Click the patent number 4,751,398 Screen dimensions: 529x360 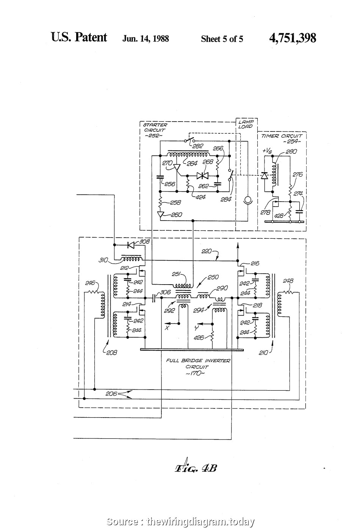292,38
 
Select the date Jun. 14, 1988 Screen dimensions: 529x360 146,39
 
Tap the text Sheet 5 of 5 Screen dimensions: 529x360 222,39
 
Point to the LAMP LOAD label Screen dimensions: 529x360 247,124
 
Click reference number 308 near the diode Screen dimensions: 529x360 145,241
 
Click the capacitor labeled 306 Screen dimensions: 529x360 154,298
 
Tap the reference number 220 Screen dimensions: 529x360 207,251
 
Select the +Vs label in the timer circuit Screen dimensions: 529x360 267,151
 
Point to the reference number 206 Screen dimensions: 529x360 111,394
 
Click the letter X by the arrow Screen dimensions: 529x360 167,328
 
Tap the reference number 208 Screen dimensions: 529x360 111,352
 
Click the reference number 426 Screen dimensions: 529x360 199,338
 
